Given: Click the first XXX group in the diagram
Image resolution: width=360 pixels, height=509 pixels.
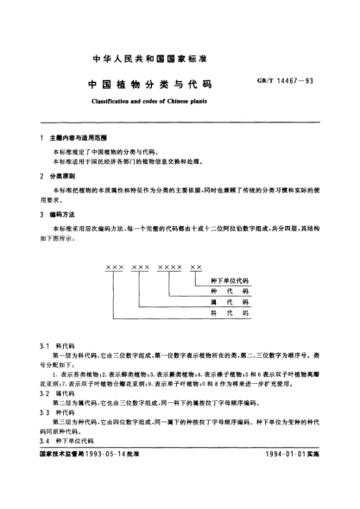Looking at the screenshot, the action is (115, 268).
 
